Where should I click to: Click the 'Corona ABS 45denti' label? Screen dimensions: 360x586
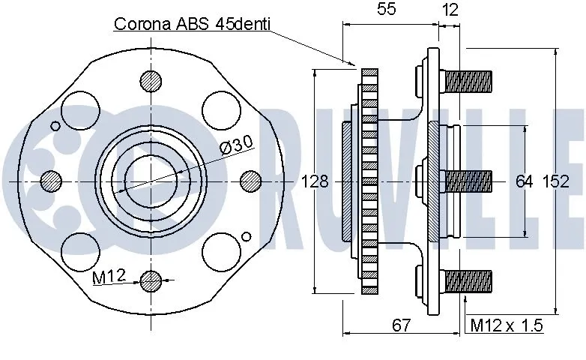tap(193, 23)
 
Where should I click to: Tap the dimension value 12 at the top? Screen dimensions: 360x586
tap(450, 10)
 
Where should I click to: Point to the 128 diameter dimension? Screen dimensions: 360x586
tap(315, 181)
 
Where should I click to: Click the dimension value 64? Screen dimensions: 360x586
tap(524, 181)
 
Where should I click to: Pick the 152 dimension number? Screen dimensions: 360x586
tap(555, 181)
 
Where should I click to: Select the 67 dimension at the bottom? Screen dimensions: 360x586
tap(402, 325)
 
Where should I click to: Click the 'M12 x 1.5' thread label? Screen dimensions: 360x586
tap(506, 325)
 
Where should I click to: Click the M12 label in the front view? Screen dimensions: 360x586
tap(109, 278)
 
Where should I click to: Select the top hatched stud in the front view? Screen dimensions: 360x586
tap(151, 80)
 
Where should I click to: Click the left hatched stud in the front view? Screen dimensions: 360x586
tap(51, 181)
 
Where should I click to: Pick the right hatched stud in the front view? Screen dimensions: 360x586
tap(251, 181)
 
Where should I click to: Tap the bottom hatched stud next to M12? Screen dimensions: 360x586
tap(151, 281)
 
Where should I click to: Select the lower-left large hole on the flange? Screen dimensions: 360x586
tap(81, 250)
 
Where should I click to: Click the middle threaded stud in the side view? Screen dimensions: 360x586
tap(468, 180)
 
